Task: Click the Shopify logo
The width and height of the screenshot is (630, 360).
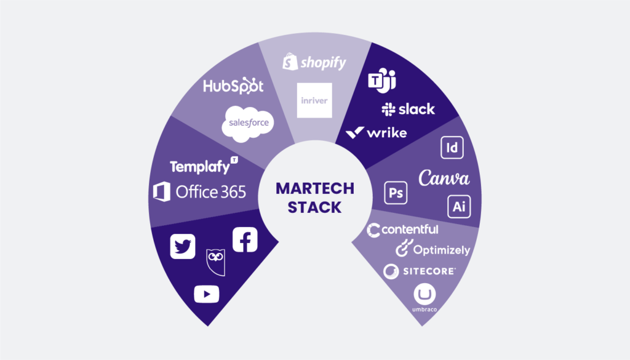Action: click(314, 62)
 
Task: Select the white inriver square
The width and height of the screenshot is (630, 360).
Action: click(314, 100)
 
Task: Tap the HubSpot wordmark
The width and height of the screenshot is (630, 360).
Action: click(233, 86)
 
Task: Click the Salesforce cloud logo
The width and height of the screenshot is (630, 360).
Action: click(249, 122)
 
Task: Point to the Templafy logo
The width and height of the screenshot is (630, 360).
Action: click(204, 166)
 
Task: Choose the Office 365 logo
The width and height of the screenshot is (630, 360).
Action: click(199, 192)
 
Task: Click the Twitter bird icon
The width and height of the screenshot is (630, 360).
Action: click(183, 246)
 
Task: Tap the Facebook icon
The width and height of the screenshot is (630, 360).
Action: click(245, 239)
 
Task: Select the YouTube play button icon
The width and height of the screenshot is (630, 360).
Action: click(207, 294)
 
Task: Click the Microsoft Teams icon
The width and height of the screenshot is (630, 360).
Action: click(382, 81)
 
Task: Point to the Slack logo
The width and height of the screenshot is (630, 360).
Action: click(408, 110)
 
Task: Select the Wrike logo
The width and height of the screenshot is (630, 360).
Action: click(376, 132)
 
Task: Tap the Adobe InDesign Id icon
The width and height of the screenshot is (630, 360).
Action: click(452, 148)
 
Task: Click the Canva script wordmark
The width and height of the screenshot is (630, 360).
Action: click(444, 178)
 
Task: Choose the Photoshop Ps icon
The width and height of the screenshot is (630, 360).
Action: click(396, 193)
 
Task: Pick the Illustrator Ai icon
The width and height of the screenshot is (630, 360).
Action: click(458, 207)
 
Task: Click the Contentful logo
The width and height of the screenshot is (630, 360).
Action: click(403, 230)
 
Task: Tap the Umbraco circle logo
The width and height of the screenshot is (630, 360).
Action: click(425, 295)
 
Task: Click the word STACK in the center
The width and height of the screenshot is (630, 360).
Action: click(314, 207)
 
